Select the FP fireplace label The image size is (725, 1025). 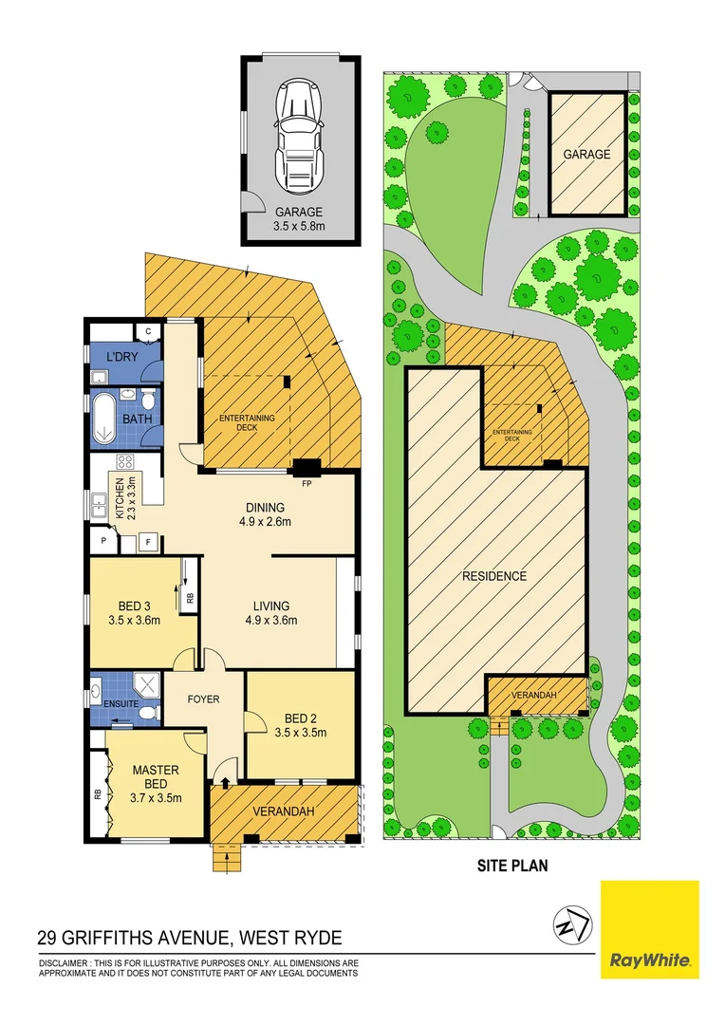307,482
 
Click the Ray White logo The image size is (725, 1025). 650,929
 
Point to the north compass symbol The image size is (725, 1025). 572,924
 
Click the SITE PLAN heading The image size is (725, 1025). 512,866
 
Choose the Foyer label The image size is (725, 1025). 203,699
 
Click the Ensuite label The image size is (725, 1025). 123,704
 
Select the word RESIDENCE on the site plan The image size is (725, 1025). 494,576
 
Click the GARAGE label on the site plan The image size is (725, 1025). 586,154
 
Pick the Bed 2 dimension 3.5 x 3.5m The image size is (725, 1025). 300,733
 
